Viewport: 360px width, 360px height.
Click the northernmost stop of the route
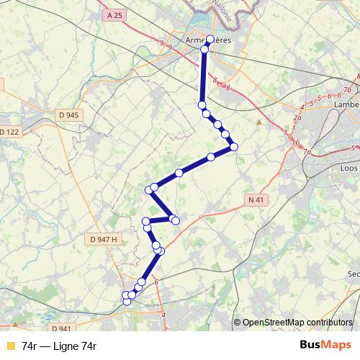pyautogui.click(x=210, y=40)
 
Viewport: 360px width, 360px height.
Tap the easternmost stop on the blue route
pyautogui.click(x=234, y=147)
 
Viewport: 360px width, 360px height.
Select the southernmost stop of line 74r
pyautogui.click(x=127, y=301)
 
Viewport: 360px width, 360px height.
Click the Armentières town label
pyautogui.click(x=208, y=41)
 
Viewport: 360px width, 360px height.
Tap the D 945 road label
pyautogui.click(x=69, y=114)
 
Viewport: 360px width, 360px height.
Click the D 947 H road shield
pyautogui.click(x=104, y=238)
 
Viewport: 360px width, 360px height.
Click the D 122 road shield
pyautogui.click(x=10, y=131)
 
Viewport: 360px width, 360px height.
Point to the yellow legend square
pyautogui.click(x=9, y=346)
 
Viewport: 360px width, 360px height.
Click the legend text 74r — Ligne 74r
pyautogui.click(x=59, y=346)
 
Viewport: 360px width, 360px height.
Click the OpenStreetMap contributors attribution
pyautogui.click(x=297, y=322)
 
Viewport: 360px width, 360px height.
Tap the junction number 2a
pyautogui.click(x=297, y=115)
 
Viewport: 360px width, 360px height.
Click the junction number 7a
pyautogui.click(x=307, y=152)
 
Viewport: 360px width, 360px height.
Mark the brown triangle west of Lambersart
pyautogui.click(x=259, y=122)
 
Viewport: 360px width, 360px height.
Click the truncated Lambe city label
pyautogui.click(x=347, y=104)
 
